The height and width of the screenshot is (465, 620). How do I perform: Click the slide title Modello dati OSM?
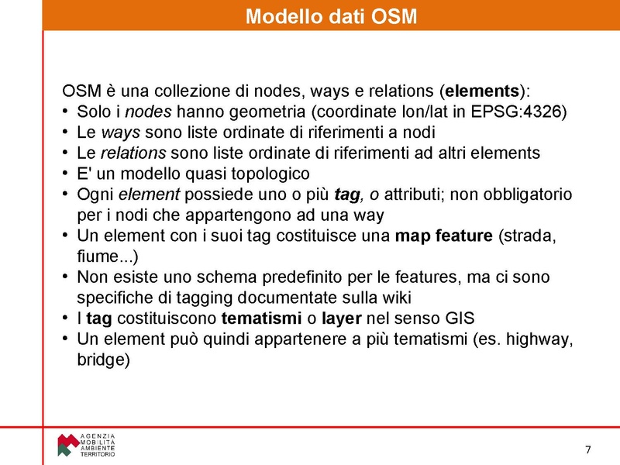click(331, 16)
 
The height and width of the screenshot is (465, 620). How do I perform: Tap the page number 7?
click(587, 450)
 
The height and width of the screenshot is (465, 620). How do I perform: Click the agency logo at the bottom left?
click(86, 444)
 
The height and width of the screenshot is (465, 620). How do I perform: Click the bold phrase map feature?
click(443, 236)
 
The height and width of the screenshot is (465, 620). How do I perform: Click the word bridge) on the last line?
click(103, 360)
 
